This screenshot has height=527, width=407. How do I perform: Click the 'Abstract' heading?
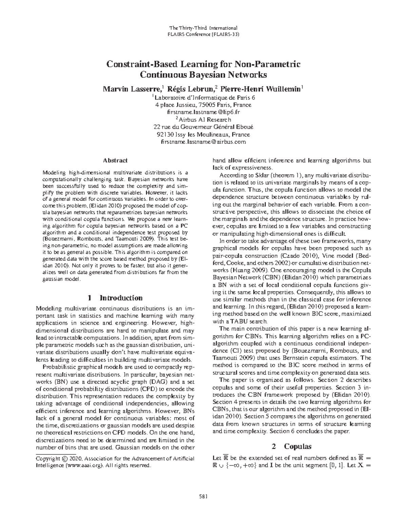115,161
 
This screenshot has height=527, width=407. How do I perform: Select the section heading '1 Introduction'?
115,298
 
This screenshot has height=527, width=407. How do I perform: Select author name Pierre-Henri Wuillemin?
261,89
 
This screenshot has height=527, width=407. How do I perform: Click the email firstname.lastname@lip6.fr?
203,112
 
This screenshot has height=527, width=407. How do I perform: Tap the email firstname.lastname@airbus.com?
203,142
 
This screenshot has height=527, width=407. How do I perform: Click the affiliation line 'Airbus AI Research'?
205,119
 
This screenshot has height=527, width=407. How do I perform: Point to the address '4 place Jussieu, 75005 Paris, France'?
203,105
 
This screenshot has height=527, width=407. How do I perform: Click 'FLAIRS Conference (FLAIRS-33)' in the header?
203,34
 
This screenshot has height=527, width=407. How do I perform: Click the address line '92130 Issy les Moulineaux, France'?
203,134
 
